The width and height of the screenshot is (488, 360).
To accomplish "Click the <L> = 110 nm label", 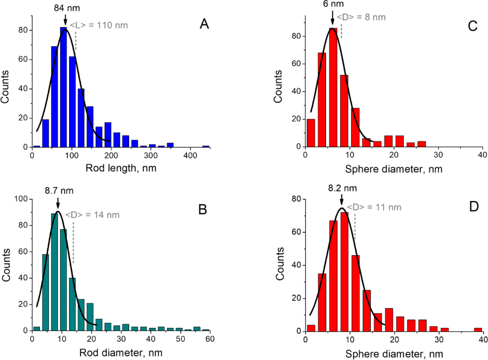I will click(99, 25).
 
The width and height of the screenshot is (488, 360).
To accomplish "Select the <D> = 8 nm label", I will click(361, 17).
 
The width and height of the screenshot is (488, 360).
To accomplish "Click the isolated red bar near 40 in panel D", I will click(478, 329).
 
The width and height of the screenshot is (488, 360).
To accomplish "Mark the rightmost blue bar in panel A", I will click(206, 146).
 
